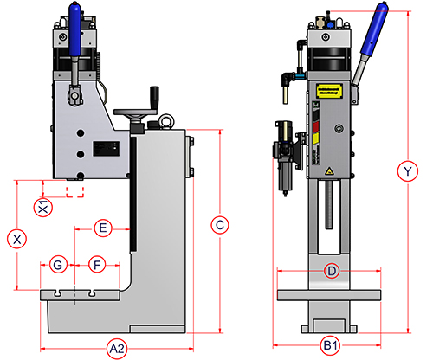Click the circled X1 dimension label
click(x=43, y=208)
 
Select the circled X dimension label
click(x=17, y=239)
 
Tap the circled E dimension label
click(x=103, y=228)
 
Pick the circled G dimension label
click(x=58, y=265)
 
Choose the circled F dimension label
click(x=97, y=265)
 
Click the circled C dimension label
click(x=220, y=225)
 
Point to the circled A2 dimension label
click(x=117, y=349)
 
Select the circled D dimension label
click(x=332, y=271)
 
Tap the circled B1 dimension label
click(x=331, y=345)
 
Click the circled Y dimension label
click(x=408, y=171)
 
